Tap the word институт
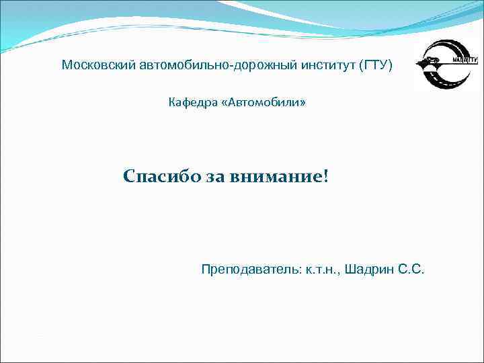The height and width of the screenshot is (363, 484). (319, 66)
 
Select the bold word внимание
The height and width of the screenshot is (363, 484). (275, 177)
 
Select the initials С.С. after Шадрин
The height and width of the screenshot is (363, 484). (411, 270)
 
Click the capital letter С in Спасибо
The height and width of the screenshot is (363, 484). (130, 177)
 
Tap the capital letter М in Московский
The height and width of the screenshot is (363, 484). (66, 66)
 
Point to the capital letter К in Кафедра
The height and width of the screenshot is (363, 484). (171, 103)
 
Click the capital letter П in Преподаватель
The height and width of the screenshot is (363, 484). (205, 270)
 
